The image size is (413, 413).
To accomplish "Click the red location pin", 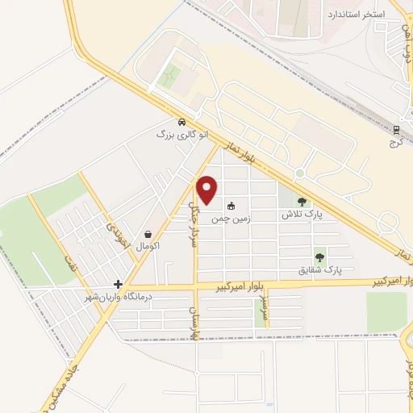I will tap(208, 189).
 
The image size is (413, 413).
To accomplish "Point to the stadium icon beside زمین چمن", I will tap(232, 206).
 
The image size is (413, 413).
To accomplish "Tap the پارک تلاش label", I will tap(302, 215).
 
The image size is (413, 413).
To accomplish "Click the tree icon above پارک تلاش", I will tap(302, 202).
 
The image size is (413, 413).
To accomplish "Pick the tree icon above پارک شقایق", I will tap(320, 257).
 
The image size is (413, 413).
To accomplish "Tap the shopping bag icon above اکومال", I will tap(149, 233).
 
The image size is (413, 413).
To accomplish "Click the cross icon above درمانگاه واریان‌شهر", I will tap(119, 284).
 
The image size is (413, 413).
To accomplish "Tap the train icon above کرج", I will tap(397, 129).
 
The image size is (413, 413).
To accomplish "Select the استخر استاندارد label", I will tap(357, 15).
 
